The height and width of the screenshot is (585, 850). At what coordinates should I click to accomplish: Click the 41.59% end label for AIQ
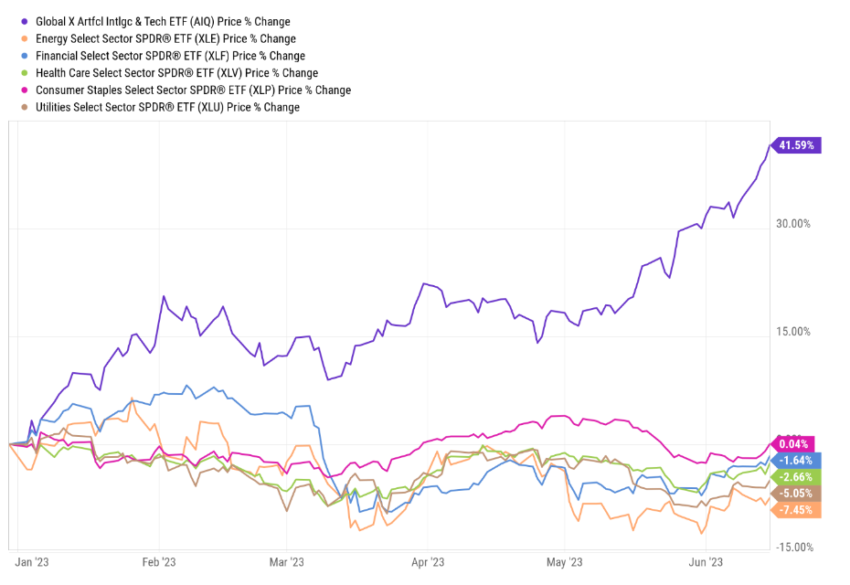pos(798,144)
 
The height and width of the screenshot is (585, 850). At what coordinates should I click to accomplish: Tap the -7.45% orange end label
pos(796,510)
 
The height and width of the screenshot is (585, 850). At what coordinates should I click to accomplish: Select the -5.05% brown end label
pos(796,494)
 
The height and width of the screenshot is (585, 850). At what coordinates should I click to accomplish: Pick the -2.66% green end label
pos(796,477)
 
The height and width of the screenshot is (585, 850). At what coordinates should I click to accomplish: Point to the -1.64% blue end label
pos(796,461)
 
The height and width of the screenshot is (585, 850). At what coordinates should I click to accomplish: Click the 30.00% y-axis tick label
pos(793,224)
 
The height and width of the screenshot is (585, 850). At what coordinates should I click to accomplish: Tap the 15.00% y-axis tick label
pos(793,332)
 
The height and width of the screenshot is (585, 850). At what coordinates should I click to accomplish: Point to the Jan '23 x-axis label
pos(33,562)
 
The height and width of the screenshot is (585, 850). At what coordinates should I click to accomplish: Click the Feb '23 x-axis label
pos(159,562)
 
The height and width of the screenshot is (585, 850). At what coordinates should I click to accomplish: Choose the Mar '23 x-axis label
pos(286,562)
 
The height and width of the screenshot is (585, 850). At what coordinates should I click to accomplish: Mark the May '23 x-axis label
pos(564,562)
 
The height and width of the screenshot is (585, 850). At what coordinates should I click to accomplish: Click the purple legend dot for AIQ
pos(25,22)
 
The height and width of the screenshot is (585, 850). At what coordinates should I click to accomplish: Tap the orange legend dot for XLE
pos(25,39)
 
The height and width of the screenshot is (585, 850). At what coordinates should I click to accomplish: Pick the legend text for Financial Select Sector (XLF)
pos(170,56)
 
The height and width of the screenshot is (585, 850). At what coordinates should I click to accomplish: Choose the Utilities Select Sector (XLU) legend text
pos(167,107)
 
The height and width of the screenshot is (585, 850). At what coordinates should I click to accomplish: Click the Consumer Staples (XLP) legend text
pos(193,90)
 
